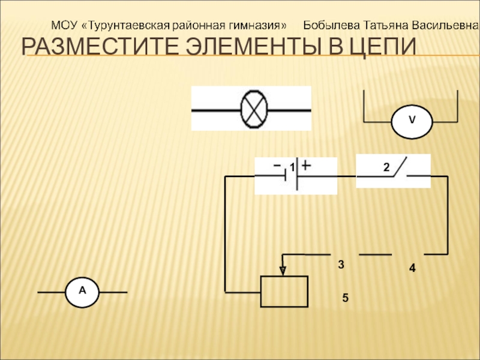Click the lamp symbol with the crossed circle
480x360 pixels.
tap(254, 109)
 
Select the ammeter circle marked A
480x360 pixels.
tap(83, 292)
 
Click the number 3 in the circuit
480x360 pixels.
tap(341, 265)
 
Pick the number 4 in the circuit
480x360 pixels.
tap(412, 269)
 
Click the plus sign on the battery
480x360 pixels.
tap(307, 164)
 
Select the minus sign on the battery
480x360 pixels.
tap(277, 164)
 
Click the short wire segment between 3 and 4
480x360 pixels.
tap(375, 255)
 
